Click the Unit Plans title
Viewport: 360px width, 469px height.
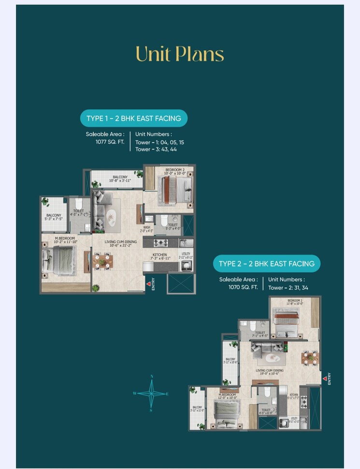[x=180, y=54]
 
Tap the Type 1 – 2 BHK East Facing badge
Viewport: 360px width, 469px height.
[x=134, y=118]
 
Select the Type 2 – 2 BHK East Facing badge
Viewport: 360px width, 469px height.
[x=267, y=264]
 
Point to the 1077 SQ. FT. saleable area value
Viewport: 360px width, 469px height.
[x=110, y=142]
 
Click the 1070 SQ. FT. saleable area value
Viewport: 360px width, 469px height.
[x=243, y=287]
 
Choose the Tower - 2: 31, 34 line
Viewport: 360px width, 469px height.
[x=288, y=287]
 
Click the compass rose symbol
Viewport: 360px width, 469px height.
[x=152, y=393]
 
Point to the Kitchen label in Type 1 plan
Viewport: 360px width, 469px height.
[x=160, y=254]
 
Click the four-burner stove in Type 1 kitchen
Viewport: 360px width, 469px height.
[x=160, y=242]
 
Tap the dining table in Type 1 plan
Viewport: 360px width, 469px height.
[x=102, y=261]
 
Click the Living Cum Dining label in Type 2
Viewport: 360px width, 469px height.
[x=270, y=370]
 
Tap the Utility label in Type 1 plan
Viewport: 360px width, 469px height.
[x=186, y=254]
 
